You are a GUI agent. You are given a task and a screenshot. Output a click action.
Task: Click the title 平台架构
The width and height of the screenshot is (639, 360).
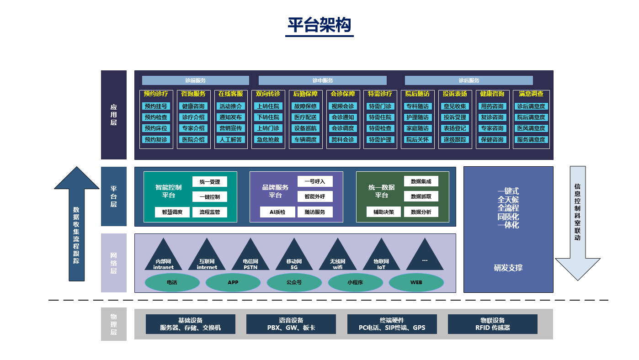(319, 26)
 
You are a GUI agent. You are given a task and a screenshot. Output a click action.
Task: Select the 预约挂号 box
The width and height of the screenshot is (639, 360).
(156, 106)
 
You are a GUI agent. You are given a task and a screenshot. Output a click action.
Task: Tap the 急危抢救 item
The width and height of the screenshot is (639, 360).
(268, 140)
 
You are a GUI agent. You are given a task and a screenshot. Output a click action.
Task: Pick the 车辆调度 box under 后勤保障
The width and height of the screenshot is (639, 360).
(305, 140)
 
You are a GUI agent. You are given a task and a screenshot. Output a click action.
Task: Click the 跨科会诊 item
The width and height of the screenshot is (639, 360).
(343, 140)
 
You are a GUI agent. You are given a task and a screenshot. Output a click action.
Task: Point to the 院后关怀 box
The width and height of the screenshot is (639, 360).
(417, 140)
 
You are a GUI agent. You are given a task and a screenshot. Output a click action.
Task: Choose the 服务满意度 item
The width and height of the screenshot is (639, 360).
(531, 140)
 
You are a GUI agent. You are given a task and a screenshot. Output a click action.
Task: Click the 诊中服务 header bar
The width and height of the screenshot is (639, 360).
(323, 80)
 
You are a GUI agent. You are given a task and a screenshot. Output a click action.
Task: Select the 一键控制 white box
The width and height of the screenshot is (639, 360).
(210, 197)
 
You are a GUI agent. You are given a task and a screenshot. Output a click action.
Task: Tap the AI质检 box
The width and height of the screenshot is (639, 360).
(277, 212)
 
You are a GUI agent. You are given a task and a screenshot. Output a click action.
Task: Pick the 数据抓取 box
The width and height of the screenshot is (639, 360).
(421, 196)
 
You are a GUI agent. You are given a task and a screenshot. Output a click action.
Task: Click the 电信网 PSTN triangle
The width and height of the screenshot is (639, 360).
(250, 256)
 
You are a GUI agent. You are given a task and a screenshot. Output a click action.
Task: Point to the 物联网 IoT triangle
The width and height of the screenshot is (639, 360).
(381, 256)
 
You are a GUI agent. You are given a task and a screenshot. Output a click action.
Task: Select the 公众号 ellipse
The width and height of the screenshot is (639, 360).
(294, 283)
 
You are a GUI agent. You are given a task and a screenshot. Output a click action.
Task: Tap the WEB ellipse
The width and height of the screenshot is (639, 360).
(416, 283)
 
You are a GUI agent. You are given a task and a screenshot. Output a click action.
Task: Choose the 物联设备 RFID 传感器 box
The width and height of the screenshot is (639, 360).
(492, 324)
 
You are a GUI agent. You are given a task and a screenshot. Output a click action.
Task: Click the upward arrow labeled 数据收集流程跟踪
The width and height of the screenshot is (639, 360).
(76, 224)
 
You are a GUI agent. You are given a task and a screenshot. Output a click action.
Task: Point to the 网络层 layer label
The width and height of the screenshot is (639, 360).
(113, 263)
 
